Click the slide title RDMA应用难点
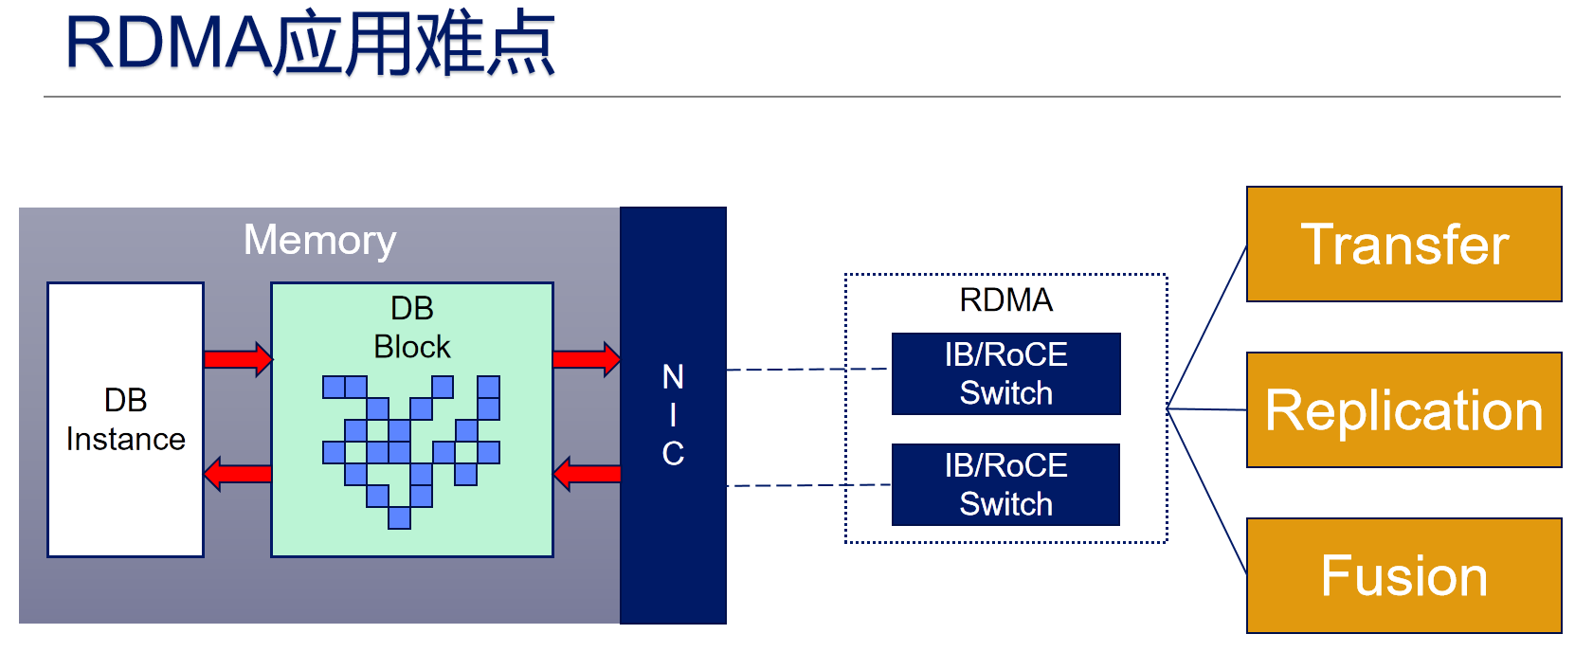pos(310,45)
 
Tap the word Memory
pos(319,240)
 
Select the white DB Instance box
pos(125,419)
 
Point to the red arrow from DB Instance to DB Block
pos(237,359)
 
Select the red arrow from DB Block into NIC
pos(586,359)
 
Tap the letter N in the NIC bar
pos(673,377)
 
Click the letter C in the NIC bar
pos(673,454)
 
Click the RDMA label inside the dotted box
pos(1005,300)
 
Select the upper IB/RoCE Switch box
pos(1005,373)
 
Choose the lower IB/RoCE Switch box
pos(1005,484)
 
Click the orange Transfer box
pos(1403,244)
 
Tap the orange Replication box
pos(1403,410)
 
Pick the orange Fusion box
pos(1403,576)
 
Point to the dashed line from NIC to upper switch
pos(806,370)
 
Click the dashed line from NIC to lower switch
pos(806,485)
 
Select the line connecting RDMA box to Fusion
pos(1206,491)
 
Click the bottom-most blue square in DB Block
pos(399,517)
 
